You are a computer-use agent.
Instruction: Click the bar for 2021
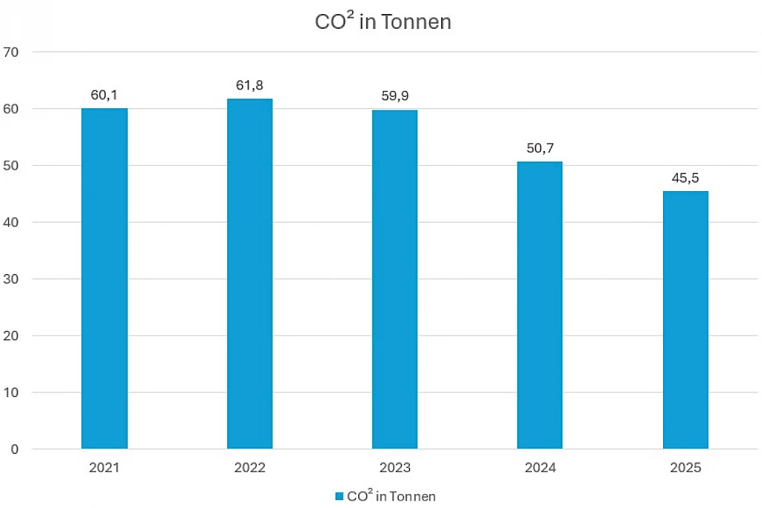[x=104, y=278]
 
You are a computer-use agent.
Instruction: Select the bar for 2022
[x=249, y=273]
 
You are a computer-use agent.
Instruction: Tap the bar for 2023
[x=394, y=279]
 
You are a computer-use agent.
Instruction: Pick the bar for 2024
[x=539, y=305]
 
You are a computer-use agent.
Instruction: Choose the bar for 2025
[x=685, y=320]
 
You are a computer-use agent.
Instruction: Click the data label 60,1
[x=104, y=96]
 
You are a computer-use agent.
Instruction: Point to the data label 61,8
[x=249, y=86]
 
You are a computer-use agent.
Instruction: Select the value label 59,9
[x=394, y=97]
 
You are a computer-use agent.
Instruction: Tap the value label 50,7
[x=539, y=148]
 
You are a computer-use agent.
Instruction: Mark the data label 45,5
[x=685, y=178]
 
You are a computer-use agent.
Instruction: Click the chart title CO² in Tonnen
[x=383, y=21]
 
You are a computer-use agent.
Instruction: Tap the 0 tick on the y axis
[x=15, y=449]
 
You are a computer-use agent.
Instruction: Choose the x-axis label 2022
[x=249, y=468]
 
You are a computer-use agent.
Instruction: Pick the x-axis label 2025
[x=685, y=468]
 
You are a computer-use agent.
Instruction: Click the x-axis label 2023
[x=394, y=468]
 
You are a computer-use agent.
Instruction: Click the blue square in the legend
[x=339, y=497]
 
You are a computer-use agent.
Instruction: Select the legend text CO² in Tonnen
[x=391, y=496]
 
